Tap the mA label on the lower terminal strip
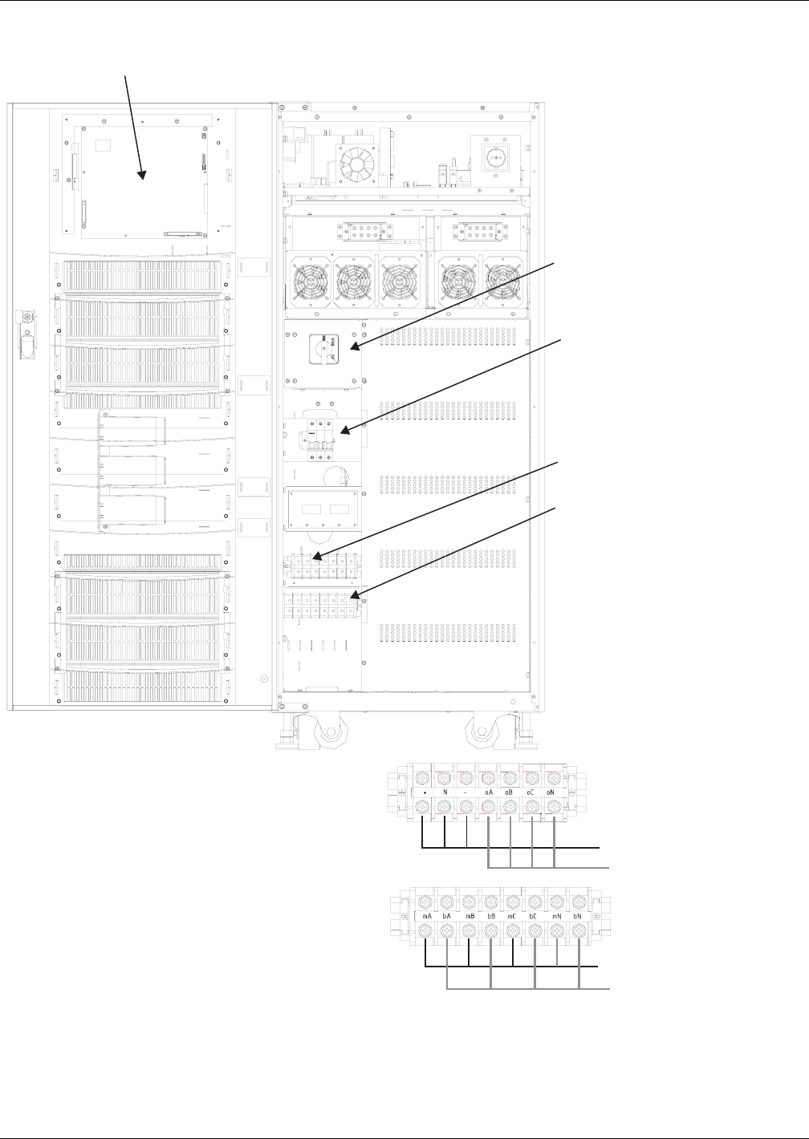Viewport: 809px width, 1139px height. (x=426, y=915)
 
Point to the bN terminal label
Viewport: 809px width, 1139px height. (x=578, y=915)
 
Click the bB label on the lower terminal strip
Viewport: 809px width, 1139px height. (x=491, y=915)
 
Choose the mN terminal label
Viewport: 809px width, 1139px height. (x=557, y=915)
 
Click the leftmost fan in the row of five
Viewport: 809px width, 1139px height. (x=309, y=282)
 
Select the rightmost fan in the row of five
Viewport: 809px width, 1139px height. (x=503, y=282)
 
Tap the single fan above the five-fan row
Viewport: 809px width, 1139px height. (x=356, y=166)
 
